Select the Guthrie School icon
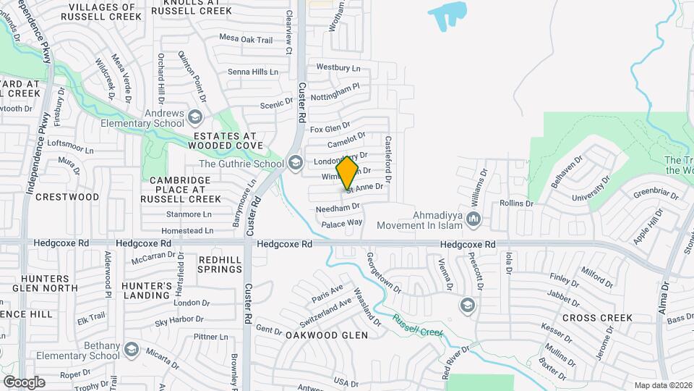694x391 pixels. coord(294,163)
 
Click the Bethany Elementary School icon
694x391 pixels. coord(132,350)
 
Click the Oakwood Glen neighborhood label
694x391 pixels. coord(326,335)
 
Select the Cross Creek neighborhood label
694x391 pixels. coord(597,318)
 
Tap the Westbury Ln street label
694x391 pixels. coord(338,67)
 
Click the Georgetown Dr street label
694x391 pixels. coord(384,272)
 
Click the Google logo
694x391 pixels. coord(24,382)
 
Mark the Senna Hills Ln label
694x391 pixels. coord(253,72)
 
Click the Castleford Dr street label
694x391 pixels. coord(388,159)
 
